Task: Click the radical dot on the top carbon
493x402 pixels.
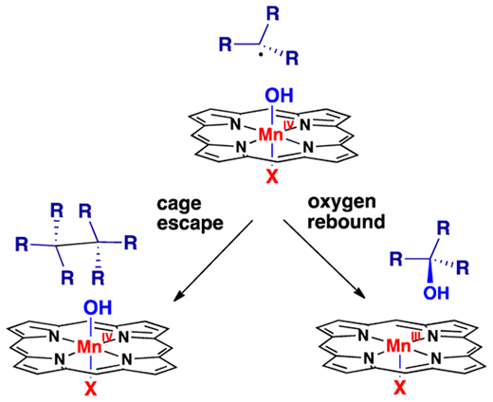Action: point(261,56)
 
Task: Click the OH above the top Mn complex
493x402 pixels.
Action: point(279,96)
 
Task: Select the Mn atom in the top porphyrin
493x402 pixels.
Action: point(270,135)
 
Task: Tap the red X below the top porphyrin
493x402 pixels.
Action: point(272,176)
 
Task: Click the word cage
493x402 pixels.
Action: point(179,204)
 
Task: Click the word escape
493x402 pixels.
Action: point(191,224)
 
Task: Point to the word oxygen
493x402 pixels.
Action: point(342,203)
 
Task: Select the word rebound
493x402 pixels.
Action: point(347,222)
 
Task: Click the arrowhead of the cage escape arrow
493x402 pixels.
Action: point(179,295)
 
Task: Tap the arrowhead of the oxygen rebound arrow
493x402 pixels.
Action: point(359,292)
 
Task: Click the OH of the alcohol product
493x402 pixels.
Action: point(436,293)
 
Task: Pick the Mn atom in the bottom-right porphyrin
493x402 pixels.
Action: point(399,346)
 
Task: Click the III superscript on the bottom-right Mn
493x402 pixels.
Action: point(416,338)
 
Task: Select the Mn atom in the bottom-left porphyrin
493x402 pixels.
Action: point(89,347)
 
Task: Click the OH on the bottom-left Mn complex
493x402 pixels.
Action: point(98,307)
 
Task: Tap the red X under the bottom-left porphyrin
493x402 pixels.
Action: point(91,389)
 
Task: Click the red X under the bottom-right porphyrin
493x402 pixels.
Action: point(400,388)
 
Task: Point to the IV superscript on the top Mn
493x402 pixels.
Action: point(288,125)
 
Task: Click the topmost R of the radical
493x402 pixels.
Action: point(273,14)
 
